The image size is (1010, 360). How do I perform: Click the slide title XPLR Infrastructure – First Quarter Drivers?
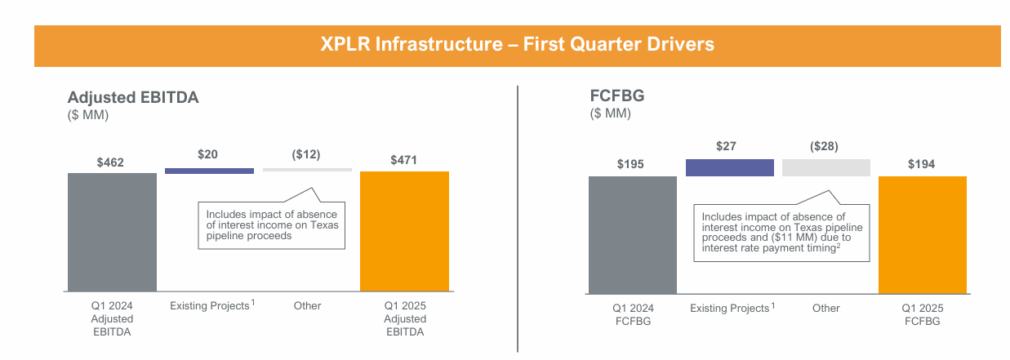pos(517,45)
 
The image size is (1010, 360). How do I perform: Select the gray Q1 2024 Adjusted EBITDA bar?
pos(112,232)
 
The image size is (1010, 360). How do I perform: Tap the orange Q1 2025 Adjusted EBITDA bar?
pos(404,231)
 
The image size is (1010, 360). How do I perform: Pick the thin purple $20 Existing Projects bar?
pos(209,171)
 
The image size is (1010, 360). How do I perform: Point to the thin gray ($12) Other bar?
pos(307,170)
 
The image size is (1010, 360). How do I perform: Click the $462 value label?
pos(110,162)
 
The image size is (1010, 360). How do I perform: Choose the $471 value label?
pos(403,161)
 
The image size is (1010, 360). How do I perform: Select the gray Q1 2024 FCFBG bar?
pos(632,234)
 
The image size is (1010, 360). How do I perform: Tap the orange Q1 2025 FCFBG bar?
pos(922,234)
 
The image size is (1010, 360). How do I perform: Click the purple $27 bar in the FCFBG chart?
pos(729,167)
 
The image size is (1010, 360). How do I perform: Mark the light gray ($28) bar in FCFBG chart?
pos(825,167)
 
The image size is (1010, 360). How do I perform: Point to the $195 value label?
pos(630,165)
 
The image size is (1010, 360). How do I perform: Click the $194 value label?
pos(921,165)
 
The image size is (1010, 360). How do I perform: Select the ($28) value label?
pos(824,147)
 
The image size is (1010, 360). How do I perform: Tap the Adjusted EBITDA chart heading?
pos(133,97)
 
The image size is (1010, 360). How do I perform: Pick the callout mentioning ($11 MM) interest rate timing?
pos(781,233)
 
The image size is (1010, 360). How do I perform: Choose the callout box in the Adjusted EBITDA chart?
pos(271,224)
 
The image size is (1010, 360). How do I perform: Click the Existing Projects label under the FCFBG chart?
pos(730,309)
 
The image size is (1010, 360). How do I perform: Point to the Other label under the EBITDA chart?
pos(307,306)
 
